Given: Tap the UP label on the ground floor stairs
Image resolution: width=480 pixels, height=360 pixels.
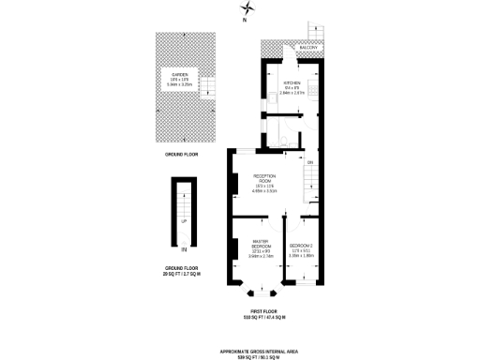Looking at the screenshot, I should (184, 221).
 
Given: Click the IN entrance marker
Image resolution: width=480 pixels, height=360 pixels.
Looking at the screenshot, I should (184, 250).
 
